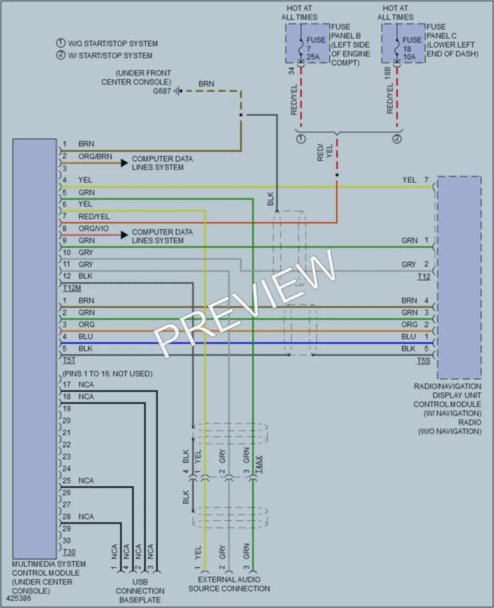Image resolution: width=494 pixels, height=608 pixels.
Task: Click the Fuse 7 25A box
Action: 307,43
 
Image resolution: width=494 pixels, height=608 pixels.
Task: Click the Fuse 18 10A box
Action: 403,43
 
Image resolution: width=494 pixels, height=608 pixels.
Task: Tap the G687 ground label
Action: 161,91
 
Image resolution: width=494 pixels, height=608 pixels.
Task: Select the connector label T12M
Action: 72,288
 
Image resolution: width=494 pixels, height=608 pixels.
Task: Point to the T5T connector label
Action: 70,361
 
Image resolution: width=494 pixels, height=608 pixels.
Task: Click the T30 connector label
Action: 69,552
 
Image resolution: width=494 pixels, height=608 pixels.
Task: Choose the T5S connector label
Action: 423,361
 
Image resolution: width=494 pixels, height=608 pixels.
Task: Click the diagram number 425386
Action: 18,598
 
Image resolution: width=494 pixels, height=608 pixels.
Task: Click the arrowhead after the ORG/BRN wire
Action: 124,163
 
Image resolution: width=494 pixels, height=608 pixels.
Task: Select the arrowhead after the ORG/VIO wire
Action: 124,235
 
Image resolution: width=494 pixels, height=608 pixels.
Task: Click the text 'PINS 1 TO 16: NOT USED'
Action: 107,374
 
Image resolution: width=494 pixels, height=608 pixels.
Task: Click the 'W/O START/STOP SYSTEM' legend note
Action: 107,43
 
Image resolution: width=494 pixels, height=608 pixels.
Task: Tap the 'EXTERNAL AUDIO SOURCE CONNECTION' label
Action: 229,584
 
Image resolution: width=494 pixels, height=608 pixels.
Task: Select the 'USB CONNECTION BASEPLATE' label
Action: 140,591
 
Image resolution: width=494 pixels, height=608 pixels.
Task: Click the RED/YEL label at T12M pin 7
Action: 94,216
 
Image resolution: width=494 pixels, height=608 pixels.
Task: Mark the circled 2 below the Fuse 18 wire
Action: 397,139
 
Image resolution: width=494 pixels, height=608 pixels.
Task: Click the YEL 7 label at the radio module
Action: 415,180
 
